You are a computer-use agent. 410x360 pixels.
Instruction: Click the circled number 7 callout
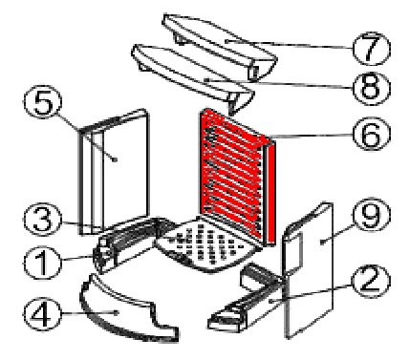372,49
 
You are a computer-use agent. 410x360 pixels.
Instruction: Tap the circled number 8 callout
372,88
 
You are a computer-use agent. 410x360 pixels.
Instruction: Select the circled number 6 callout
372,134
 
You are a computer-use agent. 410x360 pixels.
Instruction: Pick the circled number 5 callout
42,102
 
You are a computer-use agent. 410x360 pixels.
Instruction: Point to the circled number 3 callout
42,220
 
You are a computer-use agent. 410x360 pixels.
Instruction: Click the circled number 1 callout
42,264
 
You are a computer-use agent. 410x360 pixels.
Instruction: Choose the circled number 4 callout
42,314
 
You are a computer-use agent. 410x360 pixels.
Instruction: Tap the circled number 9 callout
372,215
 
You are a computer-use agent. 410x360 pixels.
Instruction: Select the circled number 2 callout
371,281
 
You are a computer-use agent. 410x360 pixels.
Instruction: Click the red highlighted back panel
236,177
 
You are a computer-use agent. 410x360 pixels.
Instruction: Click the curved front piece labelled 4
127,310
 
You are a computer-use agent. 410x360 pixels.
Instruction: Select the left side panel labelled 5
114,172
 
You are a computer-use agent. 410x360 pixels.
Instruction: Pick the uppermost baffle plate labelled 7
220,46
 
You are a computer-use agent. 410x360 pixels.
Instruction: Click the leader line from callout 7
290,45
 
